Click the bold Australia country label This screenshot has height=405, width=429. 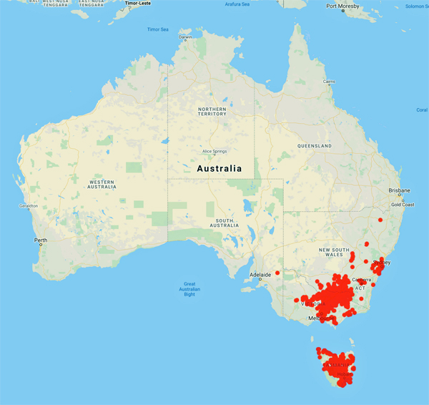(x=219, y=169)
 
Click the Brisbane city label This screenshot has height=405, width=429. (x=399, y=190)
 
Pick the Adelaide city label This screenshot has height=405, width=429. (x=260, y=274)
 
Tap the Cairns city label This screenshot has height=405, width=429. (x=328, y=82)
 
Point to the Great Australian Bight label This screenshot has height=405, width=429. (x=189, y=289)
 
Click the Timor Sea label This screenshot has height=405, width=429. (x=157, y=29)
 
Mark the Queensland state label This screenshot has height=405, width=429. (x=315, y=145)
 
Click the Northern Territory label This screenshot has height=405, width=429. (x=212, y=111)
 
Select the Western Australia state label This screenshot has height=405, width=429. (x=102, y=185)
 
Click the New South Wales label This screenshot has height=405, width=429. (x=340, y=252)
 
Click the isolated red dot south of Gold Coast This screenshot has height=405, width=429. (x=381, y=220)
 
